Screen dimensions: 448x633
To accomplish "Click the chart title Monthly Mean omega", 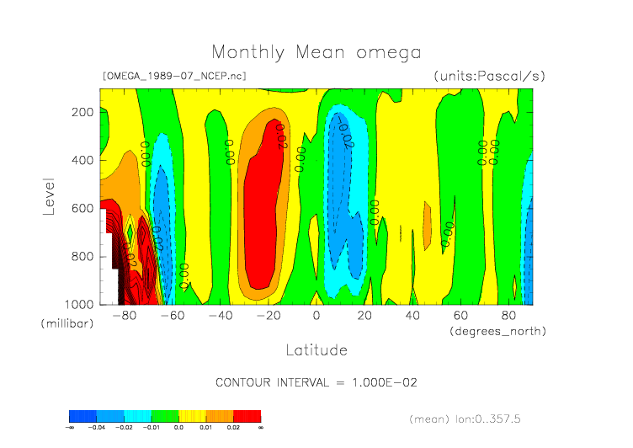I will coord(316,52).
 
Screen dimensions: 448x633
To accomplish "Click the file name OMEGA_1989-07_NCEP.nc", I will coord(174,76).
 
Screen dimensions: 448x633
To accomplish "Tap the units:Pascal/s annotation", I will coord(489,76).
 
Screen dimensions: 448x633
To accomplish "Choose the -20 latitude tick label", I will coord(269,316).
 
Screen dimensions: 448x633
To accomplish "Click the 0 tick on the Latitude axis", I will coord(316,316).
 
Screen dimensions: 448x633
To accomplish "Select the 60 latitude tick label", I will coord(460,316).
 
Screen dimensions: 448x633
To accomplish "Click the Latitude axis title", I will coord(316,349).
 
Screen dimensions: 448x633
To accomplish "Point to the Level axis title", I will coord(49,195).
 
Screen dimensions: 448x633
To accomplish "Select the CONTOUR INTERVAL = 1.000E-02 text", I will coord(316,381).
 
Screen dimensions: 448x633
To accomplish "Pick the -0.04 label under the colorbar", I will coord(98,428).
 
